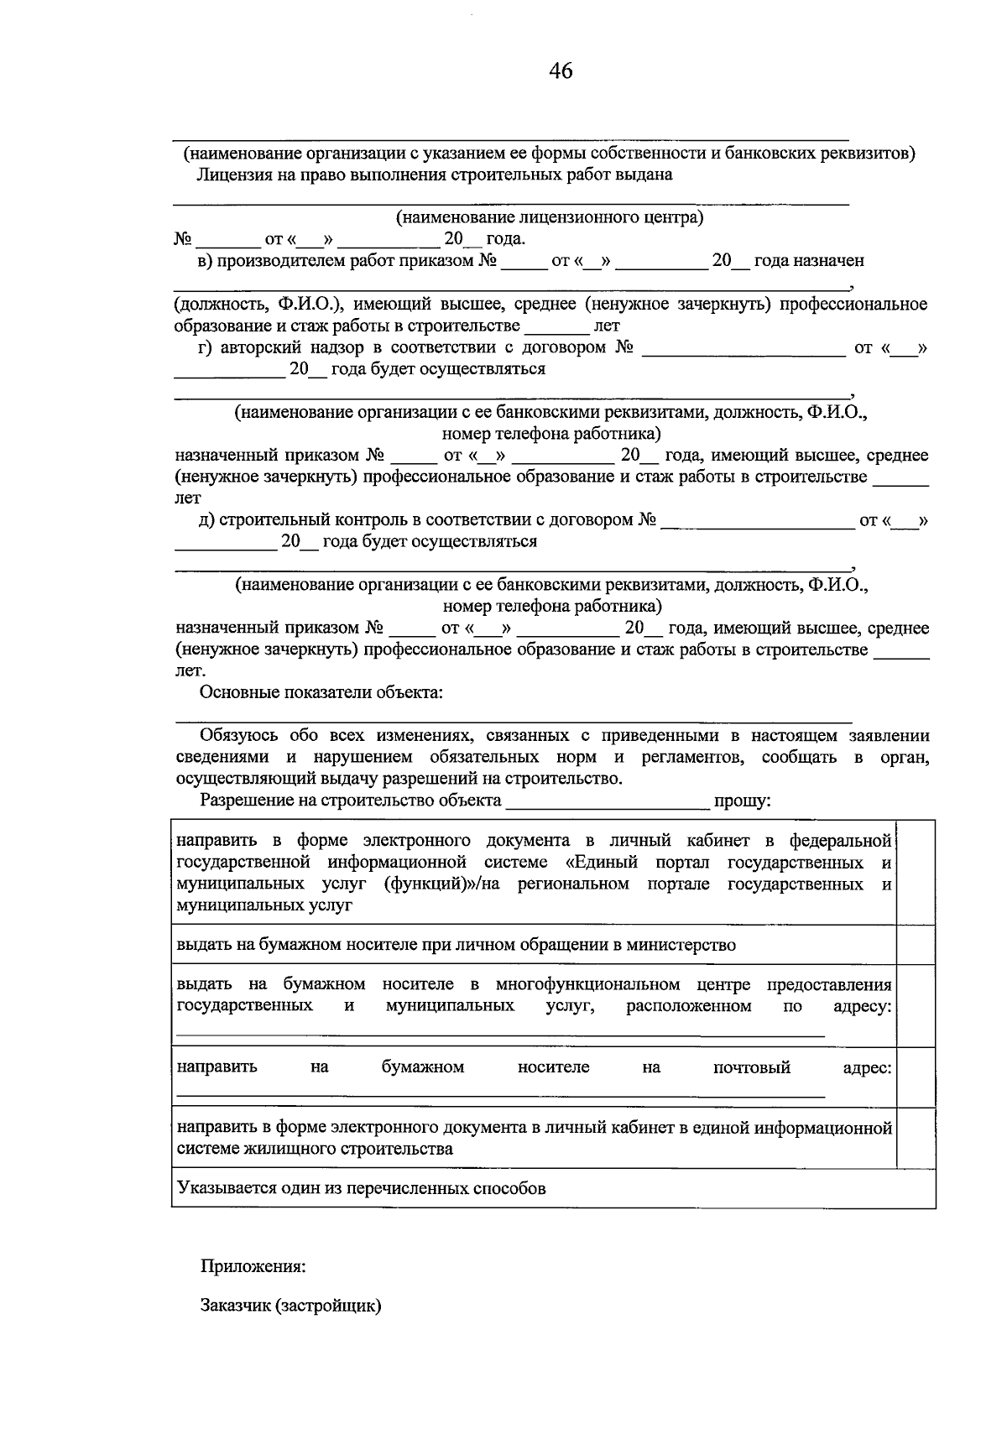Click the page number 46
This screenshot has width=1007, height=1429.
561,71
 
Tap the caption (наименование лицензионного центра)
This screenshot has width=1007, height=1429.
550,217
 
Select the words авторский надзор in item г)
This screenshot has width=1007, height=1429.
273,347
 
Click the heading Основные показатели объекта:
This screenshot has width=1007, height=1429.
321,692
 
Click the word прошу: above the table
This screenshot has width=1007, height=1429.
742,801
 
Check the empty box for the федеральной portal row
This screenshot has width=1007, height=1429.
916,873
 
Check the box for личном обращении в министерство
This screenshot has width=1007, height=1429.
916,945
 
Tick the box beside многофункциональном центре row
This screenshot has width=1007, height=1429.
916,1005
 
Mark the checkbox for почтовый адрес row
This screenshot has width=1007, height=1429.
916,1077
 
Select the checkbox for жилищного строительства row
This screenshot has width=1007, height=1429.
916,1138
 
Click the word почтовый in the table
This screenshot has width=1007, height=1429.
751,1067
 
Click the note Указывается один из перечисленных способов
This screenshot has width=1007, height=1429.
361,1188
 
